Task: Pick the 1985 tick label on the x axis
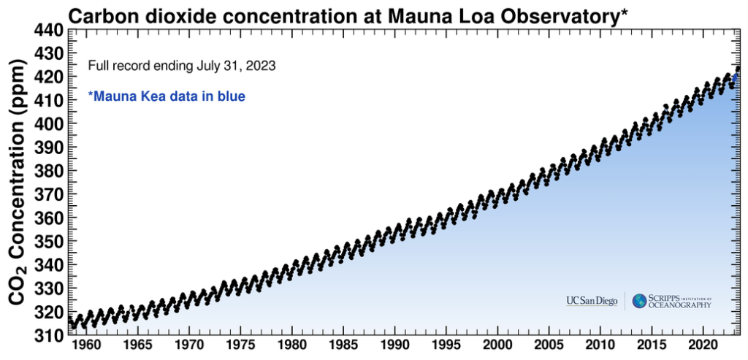(x=343, y=344)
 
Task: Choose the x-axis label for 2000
(x=498, y=344)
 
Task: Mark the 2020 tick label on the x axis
(x=704, y=344)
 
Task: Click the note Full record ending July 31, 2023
(x=181, y=66)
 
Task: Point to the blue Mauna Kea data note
(x=167, y=96)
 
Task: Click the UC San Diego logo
(x=592, y=301)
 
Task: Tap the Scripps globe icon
(x=640, y=301)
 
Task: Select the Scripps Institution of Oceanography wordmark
(x=681, y=301)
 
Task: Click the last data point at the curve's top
(x=738, y=69)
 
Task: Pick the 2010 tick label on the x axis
(x=601, y=344)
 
